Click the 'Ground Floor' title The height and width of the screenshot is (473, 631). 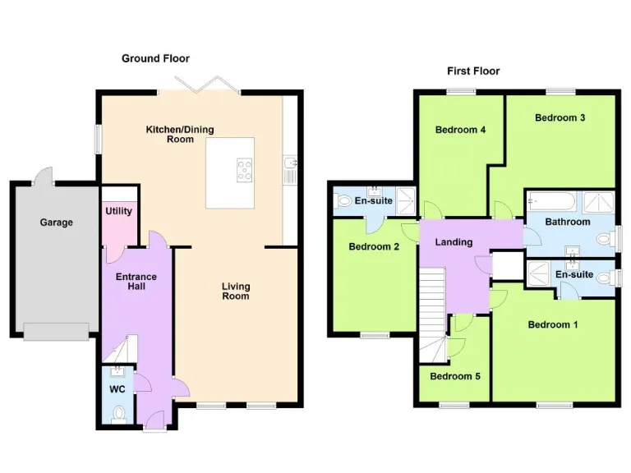click(x=155, y=58)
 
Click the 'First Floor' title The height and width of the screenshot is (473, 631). click(x=473, y=71)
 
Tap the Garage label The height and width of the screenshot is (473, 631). click(x=56, y=223)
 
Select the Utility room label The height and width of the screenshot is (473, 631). click(x=118, y=211)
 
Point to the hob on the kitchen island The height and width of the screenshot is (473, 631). click(x=244, y=171)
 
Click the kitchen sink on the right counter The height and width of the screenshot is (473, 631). click(x=289, y=172)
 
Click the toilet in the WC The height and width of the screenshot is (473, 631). click(x=119, y=414)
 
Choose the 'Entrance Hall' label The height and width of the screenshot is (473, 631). click(x=136, y=282)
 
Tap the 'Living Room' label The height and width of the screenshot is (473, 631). click(x=235, y=292)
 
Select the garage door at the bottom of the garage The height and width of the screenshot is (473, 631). click(x=56, y=331)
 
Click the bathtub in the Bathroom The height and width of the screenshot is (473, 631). click(x=551, y=200)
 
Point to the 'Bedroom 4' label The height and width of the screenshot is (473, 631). click(x=460, y=130)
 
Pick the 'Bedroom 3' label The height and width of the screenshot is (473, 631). click(x=560, y=117)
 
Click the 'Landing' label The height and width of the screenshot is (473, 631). click(x=454, y=242)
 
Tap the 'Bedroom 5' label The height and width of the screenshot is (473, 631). click(x=455, y=376)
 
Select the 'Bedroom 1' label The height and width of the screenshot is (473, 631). click(x=552, y=324)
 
